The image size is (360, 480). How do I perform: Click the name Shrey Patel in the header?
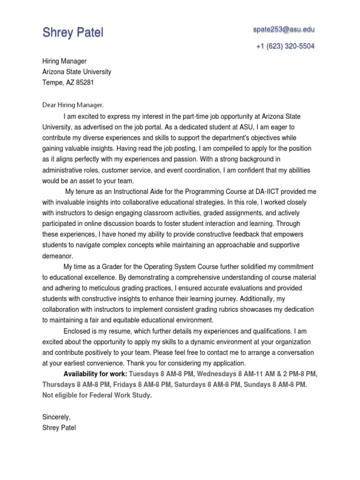point(73,32)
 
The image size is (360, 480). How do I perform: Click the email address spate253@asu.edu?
point(284,30)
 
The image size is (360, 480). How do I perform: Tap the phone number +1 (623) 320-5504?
point(285,46)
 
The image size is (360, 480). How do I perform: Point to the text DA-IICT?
point(268,192)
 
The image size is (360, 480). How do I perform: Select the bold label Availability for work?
point(95,374)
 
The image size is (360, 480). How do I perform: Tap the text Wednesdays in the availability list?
point(217,374)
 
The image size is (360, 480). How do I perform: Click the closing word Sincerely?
point(56,417)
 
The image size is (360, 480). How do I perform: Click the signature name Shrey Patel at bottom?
point(59,427)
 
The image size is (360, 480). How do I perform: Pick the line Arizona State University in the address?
point(77,72)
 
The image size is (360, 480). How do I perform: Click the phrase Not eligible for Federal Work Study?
point(97,395)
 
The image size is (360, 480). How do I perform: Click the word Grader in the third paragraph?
point(119,267)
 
